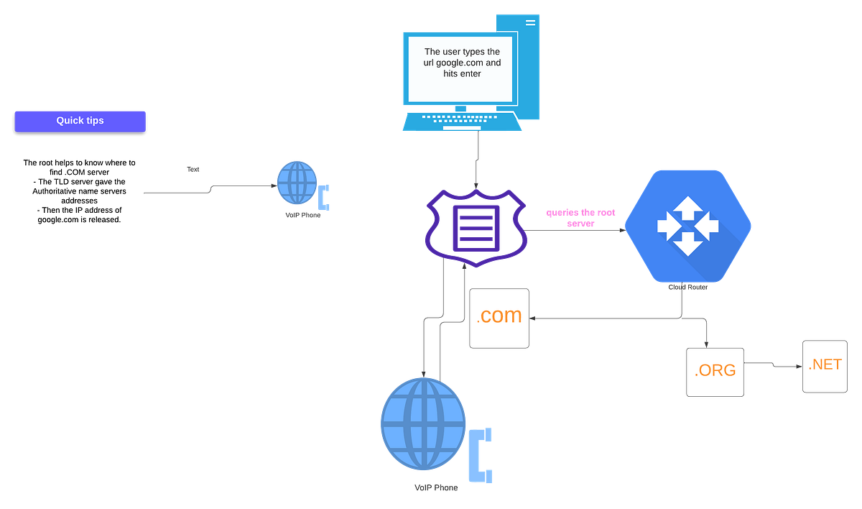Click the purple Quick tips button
pos(80,121)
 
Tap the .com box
pos(499,318)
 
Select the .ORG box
pos(715,372)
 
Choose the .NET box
pos(825,366)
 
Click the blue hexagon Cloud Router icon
pos(687,226)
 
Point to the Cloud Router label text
pos(687,288)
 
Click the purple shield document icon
pos(476,228)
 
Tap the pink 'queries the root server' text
pos(580,218)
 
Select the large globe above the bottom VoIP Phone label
pos(423,423)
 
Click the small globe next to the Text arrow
pos(297,183)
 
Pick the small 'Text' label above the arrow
pos(193,170)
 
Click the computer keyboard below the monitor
pos(462,121)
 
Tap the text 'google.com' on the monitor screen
pos(457,63)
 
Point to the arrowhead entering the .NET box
pos(800,367)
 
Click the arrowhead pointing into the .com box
pos(532,318)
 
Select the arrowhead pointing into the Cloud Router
pos(622,230)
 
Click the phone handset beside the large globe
pos(481,455)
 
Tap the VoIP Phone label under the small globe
pos(303,215)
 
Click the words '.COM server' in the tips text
pos(87,172)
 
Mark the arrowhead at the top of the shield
pos(476,186)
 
